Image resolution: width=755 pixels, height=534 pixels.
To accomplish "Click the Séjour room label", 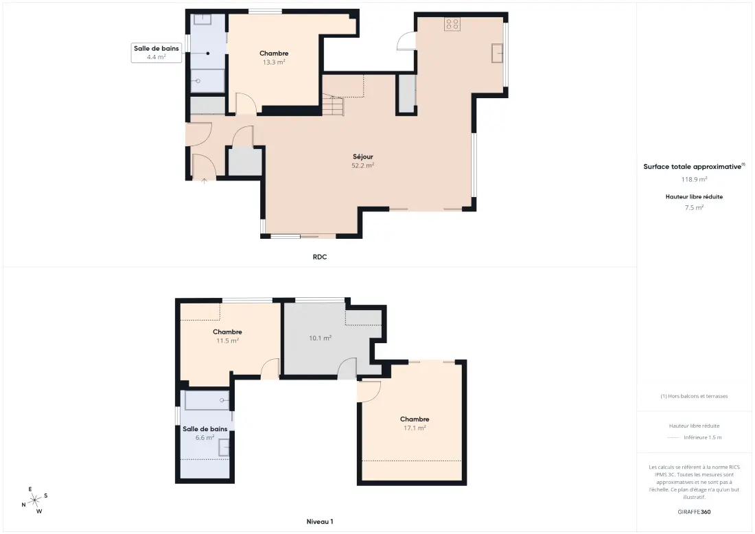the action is [362, 156].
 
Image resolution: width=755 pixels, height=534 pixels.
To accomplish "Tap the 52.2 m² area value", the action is [362, 165].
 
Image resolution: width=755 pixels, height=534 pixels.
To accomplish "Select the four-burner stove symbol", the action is [452, 23].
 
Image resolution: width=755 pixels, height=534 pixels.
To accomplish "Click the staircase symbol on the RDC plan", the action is [333, 106].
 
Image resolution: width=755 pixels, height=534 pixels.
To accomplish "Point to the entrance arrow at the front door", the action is [204, 181].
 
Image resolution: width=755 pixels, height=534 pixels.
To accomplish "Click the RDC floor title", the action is [320, 257].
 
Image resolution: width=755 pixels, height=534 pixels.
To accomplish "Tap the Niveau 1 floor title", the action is [320, 522].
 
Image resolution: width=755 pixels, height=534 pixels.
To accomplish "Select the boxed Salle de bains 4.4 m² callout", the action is [156, 52].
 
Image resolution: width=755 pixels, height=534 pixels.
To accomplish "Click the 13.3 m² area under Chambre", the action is [273, 62].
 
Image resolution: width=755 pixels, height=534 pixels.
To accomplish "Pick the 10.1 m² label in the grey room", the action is [321, 338].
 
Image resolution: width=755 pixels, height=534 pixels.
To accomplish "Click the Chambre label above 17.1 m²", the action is [415, 419].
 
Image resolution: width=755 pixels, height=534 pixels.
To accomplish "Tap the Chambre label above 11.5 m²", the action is [227, 332].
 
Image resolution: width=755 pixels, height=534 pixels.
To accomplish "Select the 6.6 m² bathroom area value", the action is [205, 438].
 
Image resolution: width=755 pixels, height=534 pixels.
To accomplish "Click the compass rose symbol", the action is [35, 501].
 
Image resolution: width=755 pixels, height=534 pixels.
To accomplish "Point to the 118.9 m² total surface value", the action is [694, 179].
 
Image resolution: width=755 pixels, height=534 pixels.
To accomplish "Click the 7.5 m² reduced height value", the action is [694, 207].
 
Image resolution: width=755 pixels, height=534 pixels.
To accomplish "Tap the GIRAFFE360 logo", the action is [694, 512].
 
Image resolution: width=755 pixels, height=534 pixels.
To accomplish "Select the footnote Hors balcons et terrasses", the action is [694, 396].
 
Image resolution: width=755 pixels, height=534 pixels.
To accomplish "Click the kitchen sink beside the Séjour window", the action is [498, 53].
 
